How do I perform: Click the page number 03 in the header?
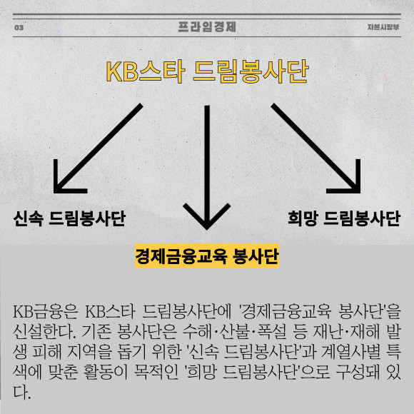click(x=19, y=27)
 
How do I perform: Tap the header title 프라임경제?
click(x=207, y=27)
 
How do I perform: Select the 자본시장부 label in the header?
click(x=383, y=27)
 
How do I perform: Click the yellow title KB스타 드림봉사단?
click(x=207, y=71)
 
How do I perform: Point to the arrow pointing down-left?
click(x=99, y=148)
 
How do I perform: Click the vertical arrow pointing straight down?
click(x=207, y=168)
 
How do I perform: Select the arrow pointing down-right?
click(x=315, y=148)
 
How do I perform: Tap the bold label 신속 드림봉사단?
click(x=69, y=218)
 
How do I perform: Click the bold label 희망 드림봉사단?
click(x=344, y=218)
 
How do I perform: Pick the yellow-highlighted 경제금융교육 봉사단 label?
click(x=207, y=256)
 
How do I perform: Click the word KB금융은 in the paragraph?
click(x=45, y=312)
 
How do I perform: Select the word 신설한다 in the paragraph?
click(x=44, y=332)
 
